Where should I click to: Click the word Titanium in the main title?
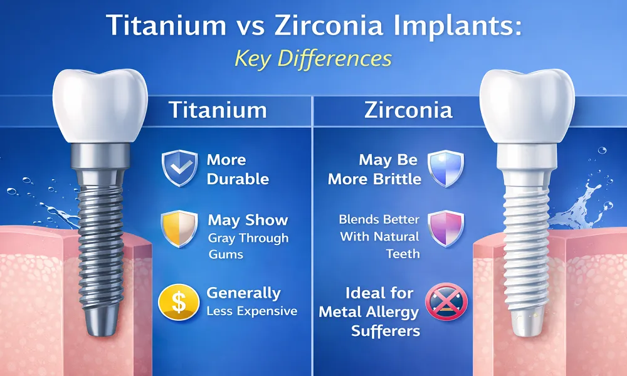click(166, 25)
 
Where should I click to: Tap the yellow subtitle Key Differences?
click(313, 58)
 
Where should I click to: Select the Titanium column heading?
click(218, 110)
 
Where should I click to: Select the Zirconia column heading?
click(408, 110)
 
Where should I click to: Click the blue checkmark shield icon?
click(179, 168)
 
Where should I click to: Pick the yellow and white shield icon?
click(179, 229)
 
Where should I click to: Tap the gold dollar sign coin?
click(179, 302)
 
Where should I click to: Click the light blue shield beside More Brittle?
click(446, 168)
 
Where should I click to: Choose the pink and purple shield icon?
click(446, 229)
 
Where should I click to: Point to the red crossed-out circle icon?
click(446, 301)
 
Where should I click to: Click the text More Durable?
click(238, 169)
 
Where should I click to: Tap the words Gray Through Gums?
click(248, 246)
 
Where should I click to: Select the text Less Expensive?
click(252, 311)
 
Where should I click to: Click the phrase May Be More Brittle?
click(374, 169)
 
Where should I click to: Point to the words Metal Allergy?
click(369, 312)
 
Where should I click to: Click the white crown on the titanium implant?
click(100, 106)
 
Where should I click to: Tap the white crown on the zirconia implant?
click(527, 106)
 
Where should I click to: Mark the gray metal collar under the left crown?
click(100, 156)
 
